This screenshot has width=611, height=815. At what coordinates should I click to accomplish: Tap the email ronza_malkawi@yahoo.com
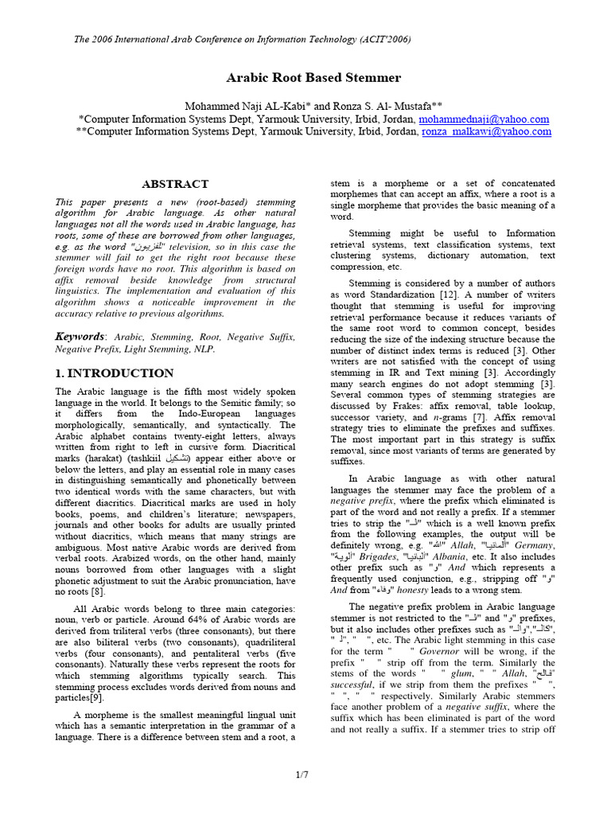[486, 131]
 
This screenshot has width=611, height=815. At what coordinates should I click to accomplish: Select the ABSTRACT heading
[174, 184]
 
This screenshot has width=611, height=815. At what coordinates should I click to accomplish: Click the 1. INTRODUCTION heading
[114, 372]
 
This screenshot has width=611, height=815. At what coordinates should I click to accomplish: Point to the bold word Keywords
[80, 337]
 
